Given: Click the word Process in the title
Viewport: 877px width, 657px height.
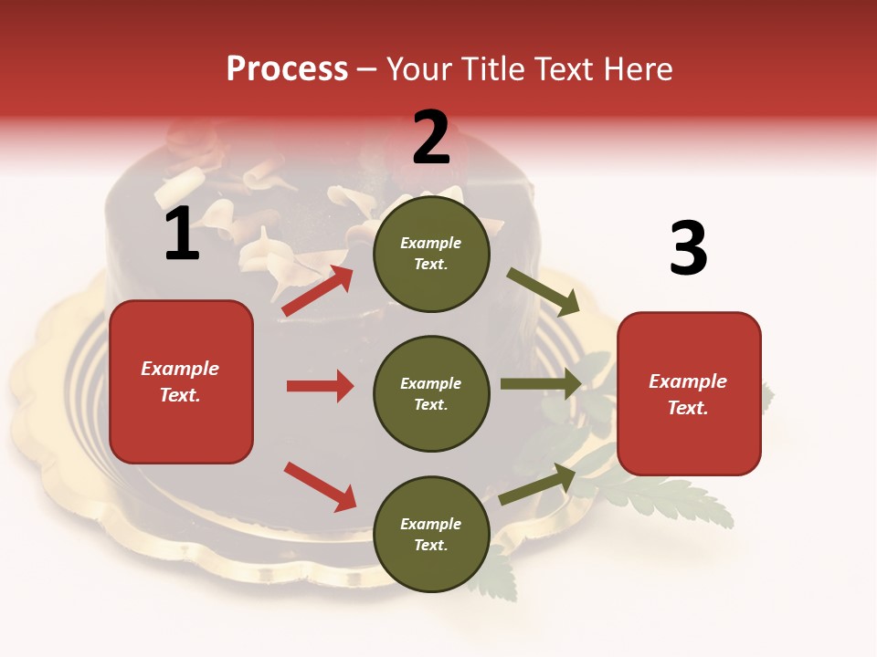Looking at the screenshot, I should pos(287,69).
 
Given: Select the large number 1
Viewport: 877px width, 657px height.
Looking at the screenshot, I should pos(182,234).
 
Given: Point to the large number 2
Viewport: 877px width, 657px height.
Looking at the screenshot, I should pos(431,138).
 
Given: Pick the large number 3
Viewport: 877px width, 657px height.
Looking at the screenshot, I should pos(688,248).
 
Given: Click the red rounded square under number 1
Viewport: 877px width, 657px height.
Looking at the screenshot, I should pos(181,381).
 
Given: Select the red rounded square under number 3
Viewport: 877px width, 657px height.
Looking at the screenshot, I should pos(689,393).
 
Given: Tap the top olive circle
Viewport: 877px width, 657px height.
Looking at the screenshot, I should pos(431,254).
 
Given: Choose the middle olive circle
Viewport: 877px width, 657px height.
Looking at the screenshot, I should pos(431,393).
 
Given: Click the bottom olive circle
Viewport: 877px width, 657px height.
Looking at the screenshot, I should pos(431,534).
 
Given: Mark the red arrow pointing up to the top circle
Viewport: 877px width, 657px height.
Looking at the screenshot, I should pos(317,291).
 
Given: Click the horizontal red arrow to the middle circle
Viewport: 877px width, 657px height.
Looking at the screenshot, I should pos(320,386).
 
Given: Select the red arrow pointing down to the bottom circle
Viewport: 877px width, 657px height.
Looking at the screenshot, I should pos(320,486).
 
